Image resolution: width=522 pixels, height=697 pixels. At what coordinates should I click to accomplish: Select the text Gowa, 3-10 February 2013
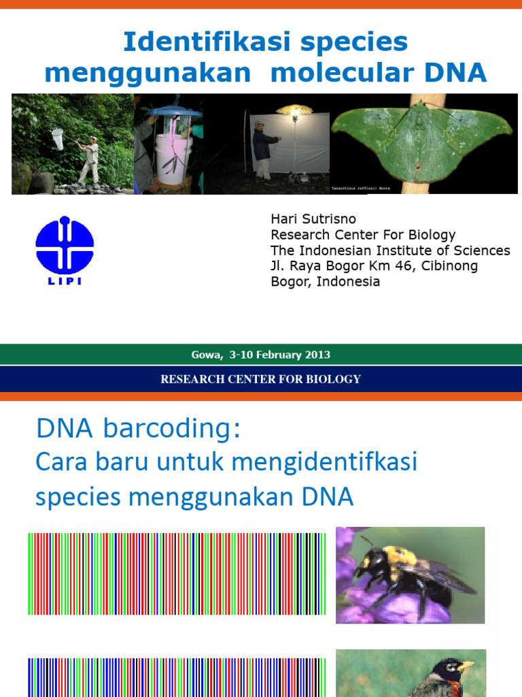(x=261, y=355)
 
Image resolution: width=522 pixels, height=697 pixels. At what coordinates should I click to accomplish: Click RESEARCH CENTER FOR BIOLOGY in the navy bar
(x=261, y=379)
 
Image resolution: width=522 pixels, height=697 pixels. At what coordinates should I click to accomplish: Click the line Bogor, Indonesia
(x=325, y=282)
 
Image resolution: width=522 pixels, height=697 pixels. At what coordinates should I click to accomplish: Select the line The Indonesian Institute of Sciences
(x=390, y=250)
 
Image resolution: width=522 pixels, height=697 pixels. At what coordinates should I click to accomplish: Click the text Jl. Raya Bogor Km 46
(x=340, y=266)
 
